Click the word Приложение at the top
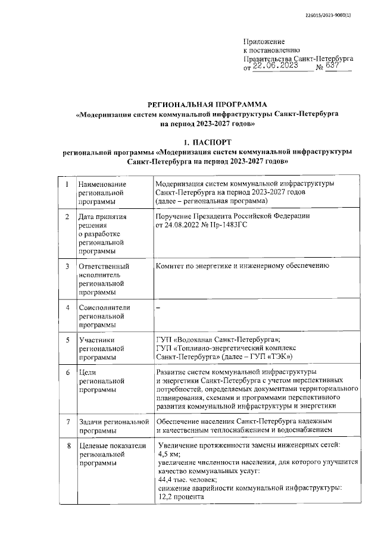pyautogui.click(x=264, y=42)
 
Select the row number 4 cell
pyautogui.click(x=67, y=308)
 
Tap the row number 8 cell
pyautogui.click(x=67, y=446)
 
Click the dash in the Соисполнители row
pyautogui.click(x=157, y=308)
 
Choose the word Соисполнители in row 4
pyautogui.click(x=105, y=308)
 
